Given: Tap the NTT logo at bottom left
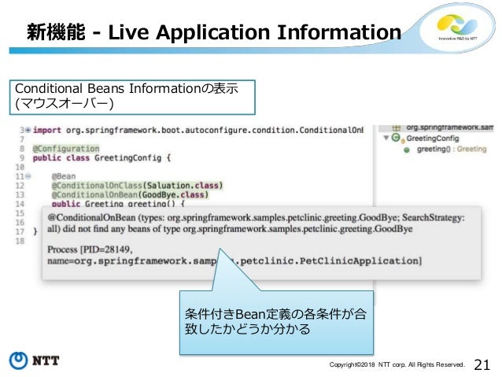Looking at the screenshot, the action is [x=36, y=362].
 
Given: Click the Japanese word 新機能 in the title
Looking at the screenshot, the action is [x=50, y=31].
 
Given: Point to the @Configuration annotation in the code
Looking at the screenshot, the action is [x=66, y=148].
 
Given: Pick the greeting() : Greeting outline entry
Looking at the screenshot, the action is [x=451, y=148].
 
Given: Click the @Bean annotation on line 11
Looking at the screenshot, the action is [x=64, y=176].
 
